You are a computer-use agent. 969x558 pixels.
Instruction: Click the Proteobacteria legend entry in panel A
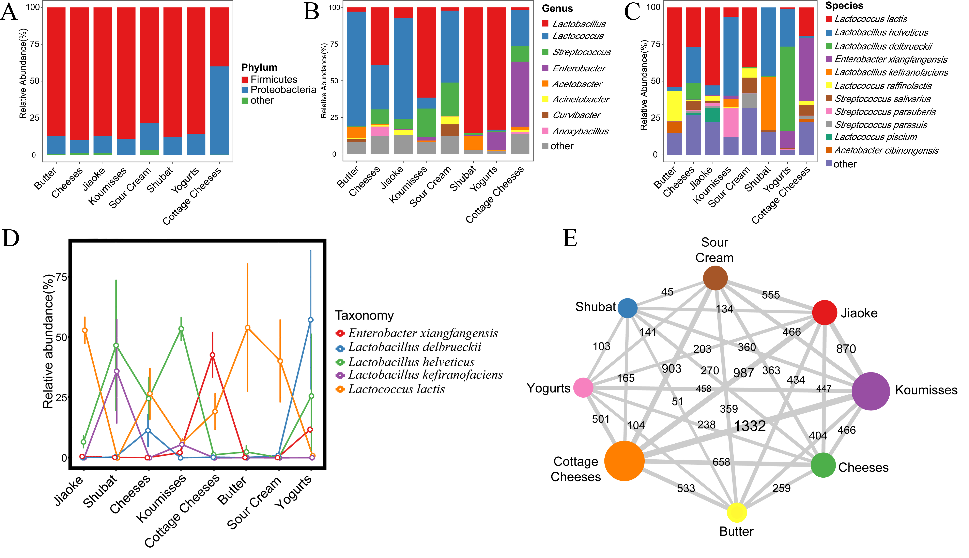[283, 90]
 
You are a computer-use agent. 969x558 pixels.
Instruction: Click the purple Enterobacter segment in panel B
[520, 94]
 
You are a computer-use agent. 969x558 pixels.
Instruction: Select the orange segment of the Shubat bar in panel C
[768, 104]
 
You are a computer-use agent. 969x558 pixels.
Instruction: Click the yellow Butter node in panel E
[737, 512]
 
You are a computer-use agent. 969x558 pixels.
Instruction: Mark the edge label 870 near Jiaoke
[846, 349]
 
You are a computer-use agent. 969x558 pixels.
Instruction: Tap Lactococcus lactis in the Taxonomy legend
[396, 389]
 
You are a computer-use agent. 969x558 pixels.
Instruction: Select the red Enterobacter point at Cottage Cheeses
[213, 355]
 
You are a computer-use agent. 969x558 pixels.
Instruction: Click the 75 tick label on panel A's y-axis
[35, 44]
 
